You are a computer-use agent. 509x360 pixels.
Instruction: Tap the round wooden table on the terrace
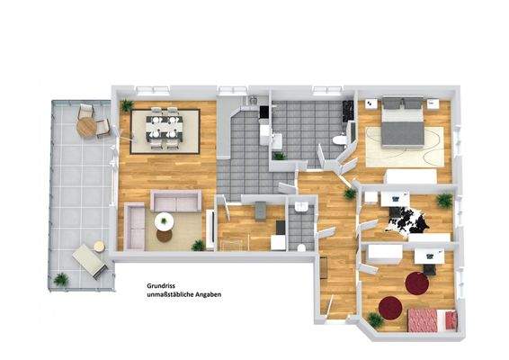pos(86,127)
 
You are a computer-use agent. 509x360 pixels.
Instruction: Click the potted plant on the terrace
pos(60,280)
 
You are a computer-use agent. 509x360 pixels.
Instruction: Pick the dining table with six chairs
pos(164,128)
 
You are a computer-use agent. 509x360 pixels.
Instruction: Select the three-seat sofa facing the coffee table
pos(174,201)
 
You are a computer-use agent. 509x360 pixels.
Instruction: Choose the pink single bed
pos(429,319)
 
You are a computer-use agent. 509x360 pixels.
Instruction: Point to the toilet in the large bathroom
pos(338,140)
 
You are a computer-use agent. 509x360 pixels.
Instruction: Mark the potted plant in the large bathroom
pos(280,156)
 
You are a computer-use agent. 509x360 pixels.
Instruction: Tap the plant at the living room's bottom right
pos(198,244)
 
